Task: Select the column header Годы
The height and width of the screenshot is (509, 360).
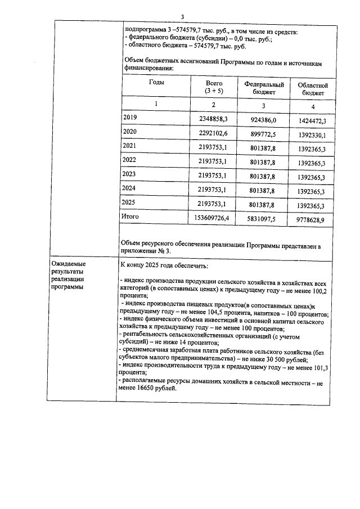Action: pyautogui.click(x=156, y=82)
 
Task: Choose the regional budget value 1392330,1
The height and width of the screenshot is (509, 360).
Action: pyautogui.click(x=310, y=135)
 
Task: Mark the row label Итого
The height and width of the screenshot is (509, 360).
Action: pyautogui.click(x=130, y=216)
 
